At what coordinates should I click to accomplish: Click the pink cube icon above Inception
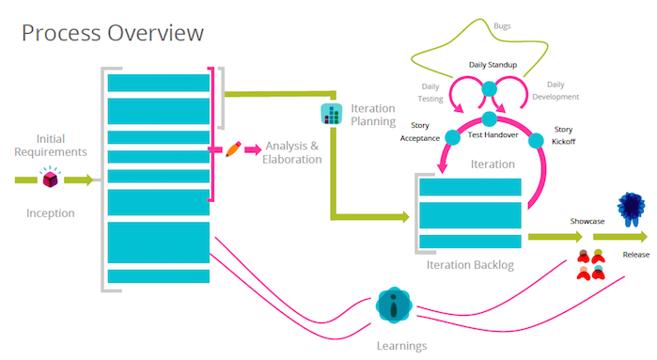click(x=51, y=179)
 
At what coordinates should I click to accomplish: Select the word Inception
click(x=51, y=212)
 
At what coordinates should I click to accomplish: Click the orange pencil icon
click(x=233, y=149)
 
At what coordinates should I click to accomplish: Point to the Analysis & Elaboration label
click(x=293, y=152)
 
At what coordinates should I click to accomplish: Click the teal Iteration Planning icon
click(x=332, y=115)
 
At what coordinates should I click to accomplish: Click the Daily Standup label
click(x=490, y=65)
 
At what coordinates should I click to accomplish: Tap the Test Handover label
click(x=492, y=134)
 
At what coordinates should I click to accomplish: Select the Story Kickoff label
click(x=563, y=135)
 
